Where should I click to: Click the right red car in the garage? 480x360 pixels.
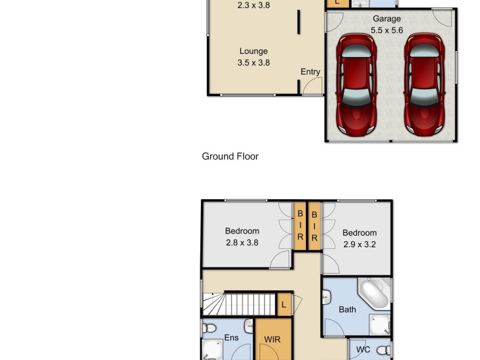[424, 84]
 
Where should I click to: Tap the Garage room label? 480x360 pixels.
[386, 19]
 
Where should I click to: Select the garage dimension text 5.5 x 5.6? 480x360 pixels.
[386, 30]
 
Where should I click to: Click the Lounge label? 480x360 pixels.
[253, 52]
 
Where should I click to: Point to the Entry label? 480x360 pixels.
[310, 72]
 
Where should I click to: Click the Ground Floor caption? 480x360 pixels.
[230, 157]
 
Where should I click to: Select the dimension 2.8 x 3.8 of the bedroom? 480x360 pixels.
[242, 243]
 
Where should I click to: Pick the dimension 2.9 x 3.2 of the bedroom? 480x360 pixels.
[359, 244]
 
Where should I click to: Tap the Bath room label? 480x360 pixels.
[347, 310]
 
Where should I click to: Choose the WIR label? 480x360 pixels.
[273, 340]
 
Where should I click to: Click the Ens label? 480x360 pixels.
[231, 338]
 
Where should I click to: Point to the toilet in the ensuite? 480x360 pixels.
[209, 328]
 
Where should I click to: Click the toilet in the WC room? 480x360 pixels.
[383, 350]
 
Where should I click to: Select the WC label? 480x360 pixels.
[363, 349]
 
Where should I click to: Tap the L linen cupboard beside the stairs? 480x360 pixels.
[283, 305]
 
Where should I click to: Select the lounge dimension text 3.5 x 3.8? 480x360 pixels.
[253, 62]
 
